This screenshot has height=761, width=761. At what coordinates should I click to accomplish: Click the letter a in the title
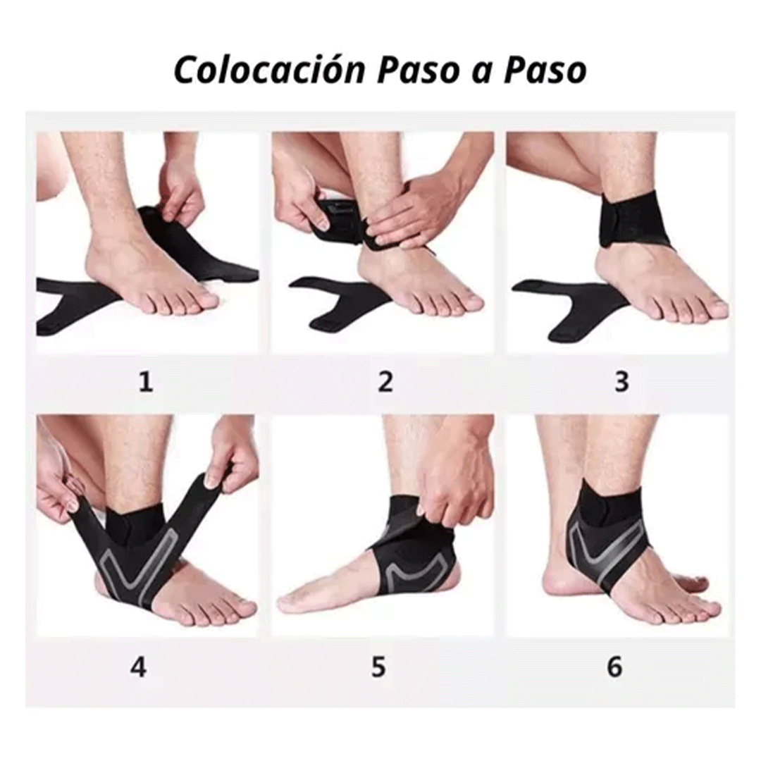point(481,72)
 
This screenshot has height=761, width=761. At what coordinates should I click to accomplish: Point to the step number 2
point(385,382)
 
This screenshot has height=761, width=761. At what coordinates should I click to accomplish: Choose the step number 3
point(621,382)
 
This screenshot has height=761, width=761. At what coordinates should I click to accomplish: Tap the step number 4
point(139,667)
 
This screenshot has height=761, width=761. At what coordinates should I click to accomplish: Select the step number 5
point(379,667)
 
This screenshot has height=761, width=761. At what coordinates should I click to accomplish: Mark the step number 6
point(615,667)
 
